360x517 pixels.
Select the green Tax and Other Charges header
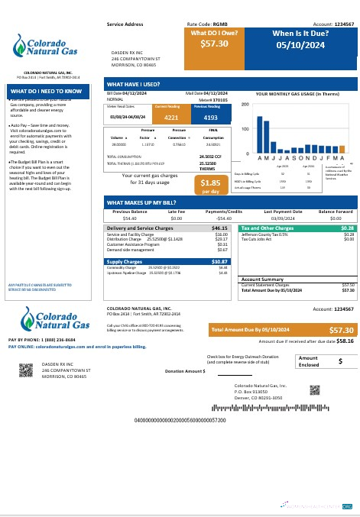298,228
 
